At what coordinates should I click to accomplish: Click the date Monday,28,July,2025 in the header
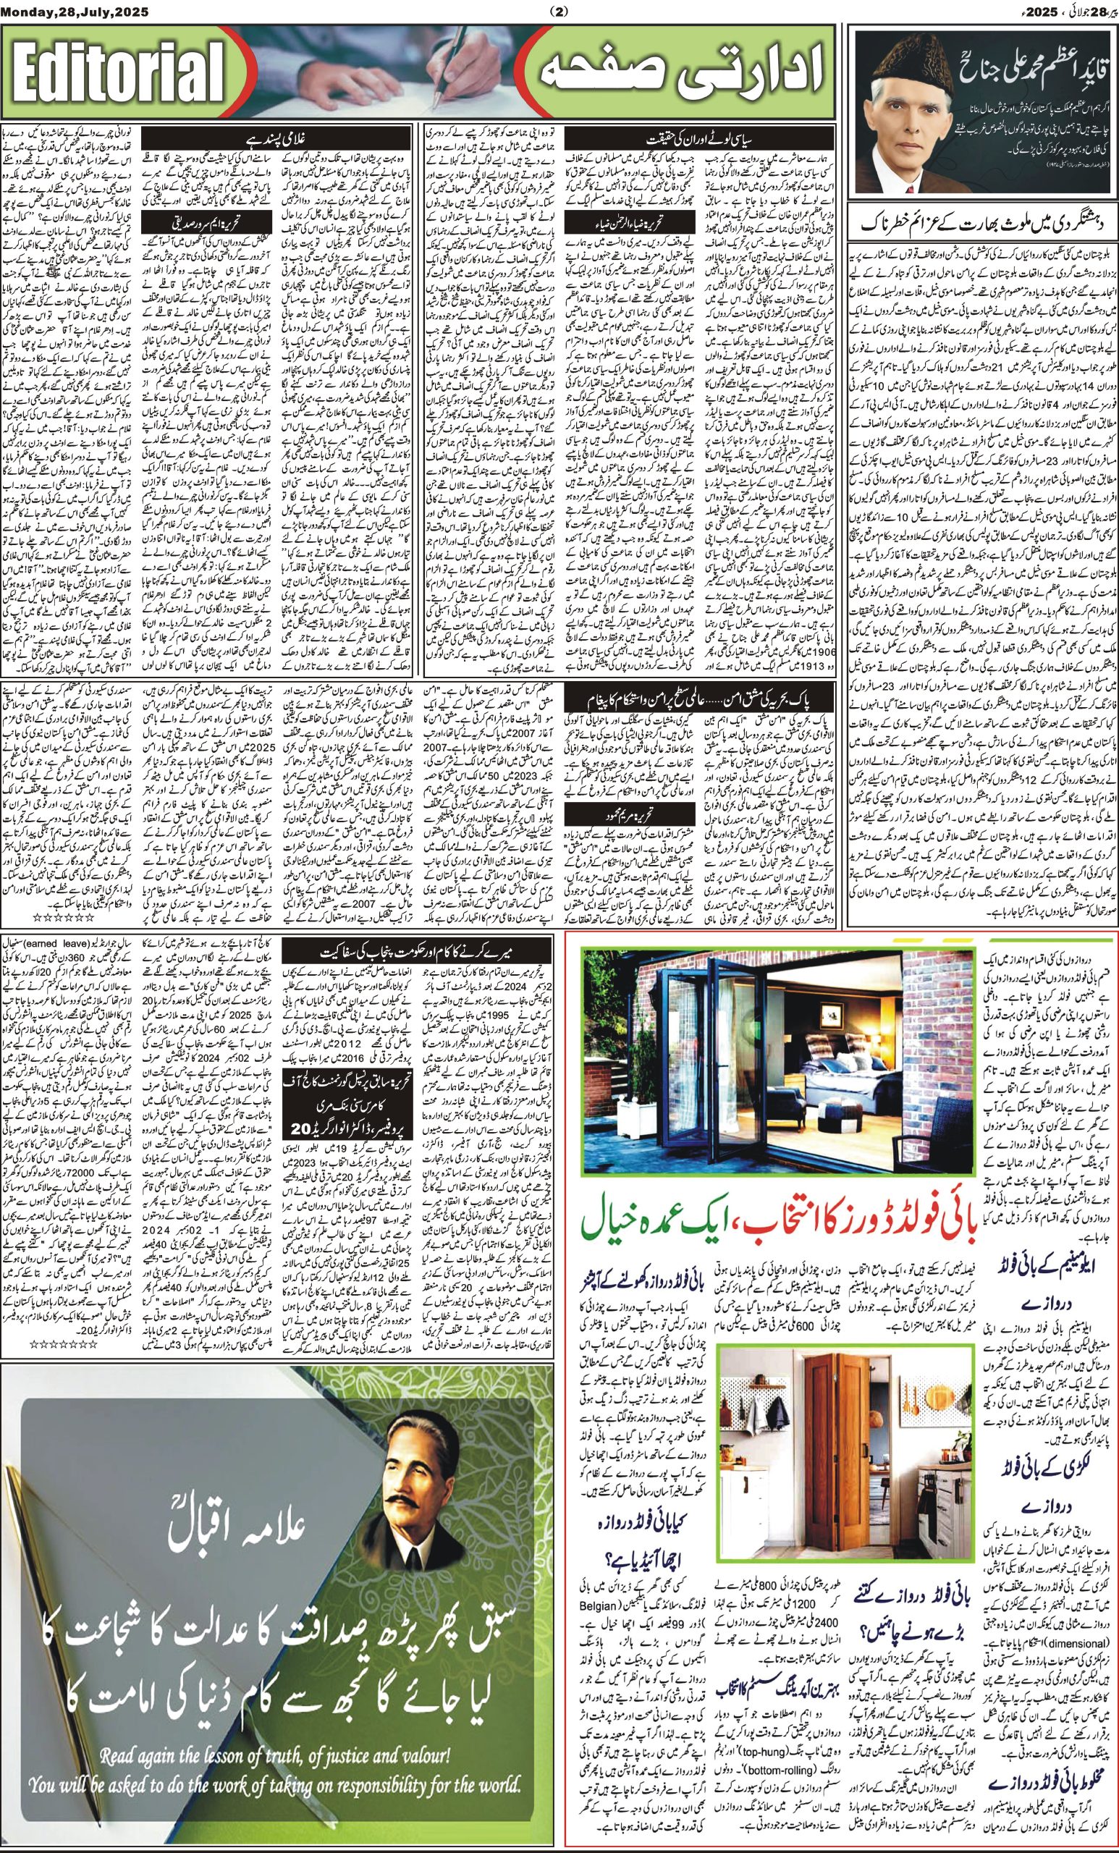(75, 12)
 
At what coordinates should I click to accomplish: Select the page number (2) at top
(559, 12)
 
